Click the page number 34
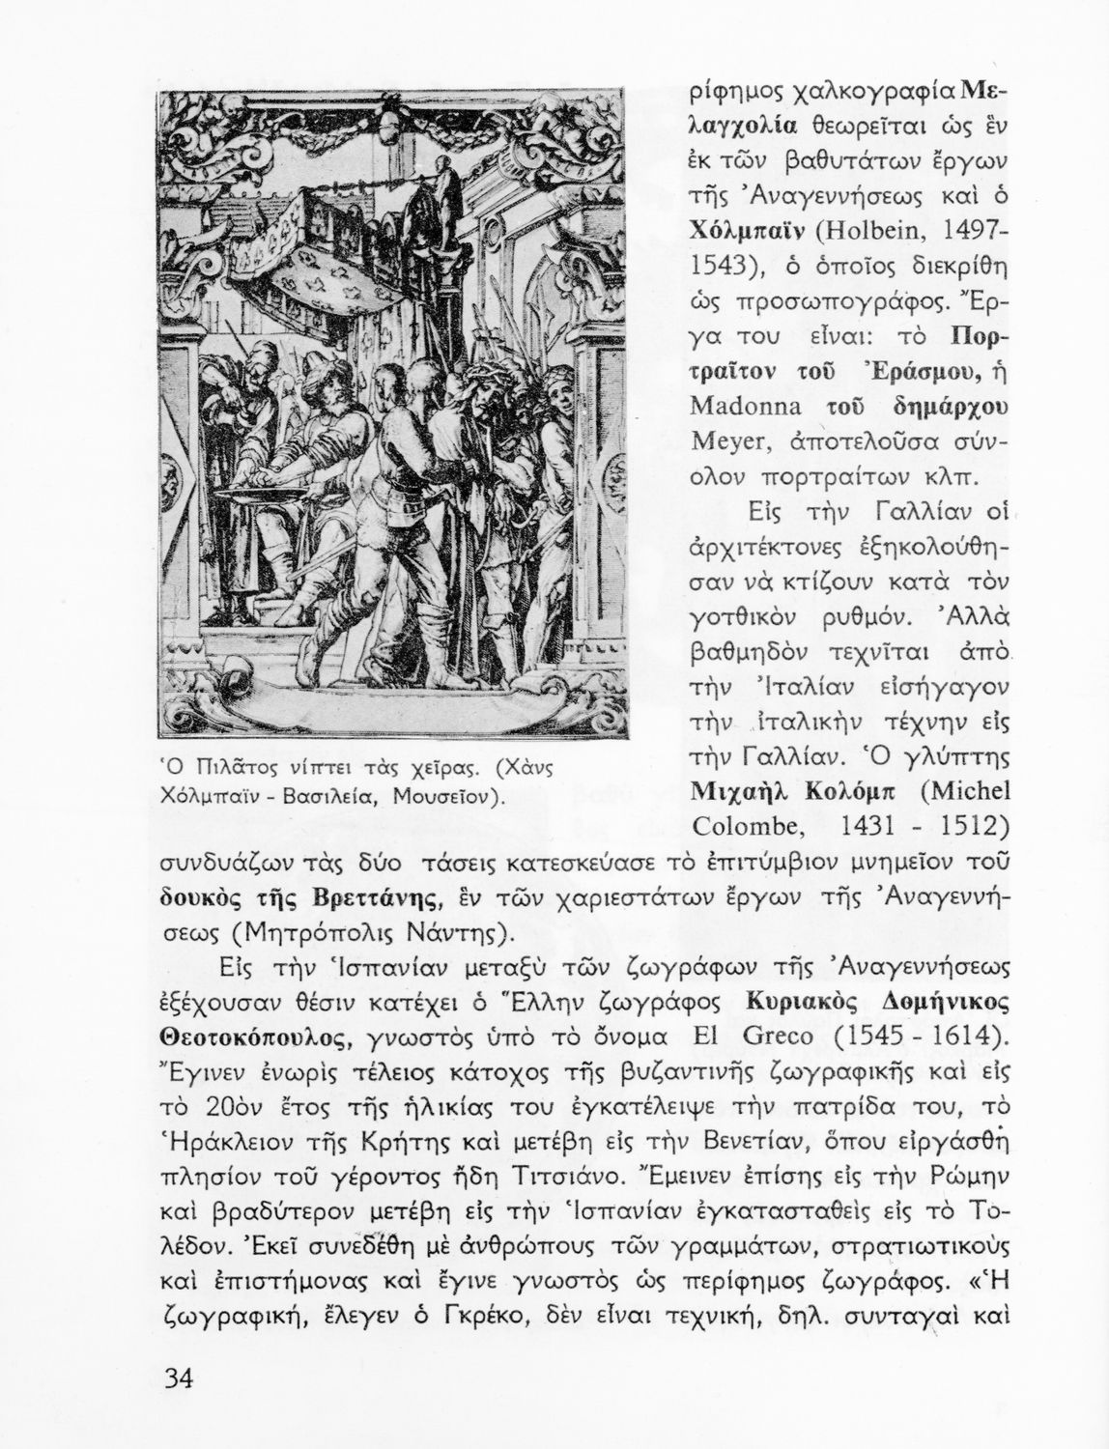[x=179, y=1378]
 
